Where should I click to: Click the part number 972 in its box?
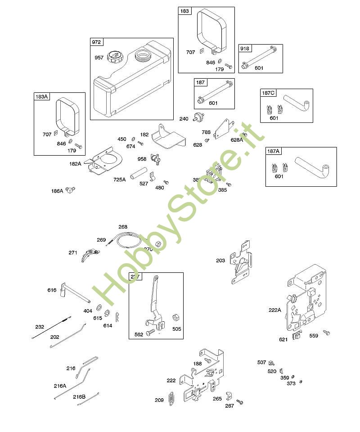tap(97, 42)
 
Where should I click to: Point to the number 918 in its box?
tap(245, 49)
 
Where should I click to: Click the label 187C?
tap(268, 93)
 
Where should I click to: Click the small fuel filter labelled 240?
tap(197, 118)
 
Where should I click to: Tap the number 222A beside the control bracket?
tap(274, 310)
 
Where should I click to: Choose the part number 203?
tap(220, 261)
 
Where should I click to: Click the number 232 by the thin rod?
tap(40, 327)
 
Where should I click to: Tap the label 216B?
tap(79, 396)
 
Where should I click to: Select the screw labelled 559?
tap(327, 333)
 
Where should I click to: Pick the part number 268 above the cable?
tap(123, 227)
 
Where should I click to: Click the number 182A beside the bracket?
tap(75, 164)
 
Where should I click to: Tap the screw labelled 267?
tap(239, 401)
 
